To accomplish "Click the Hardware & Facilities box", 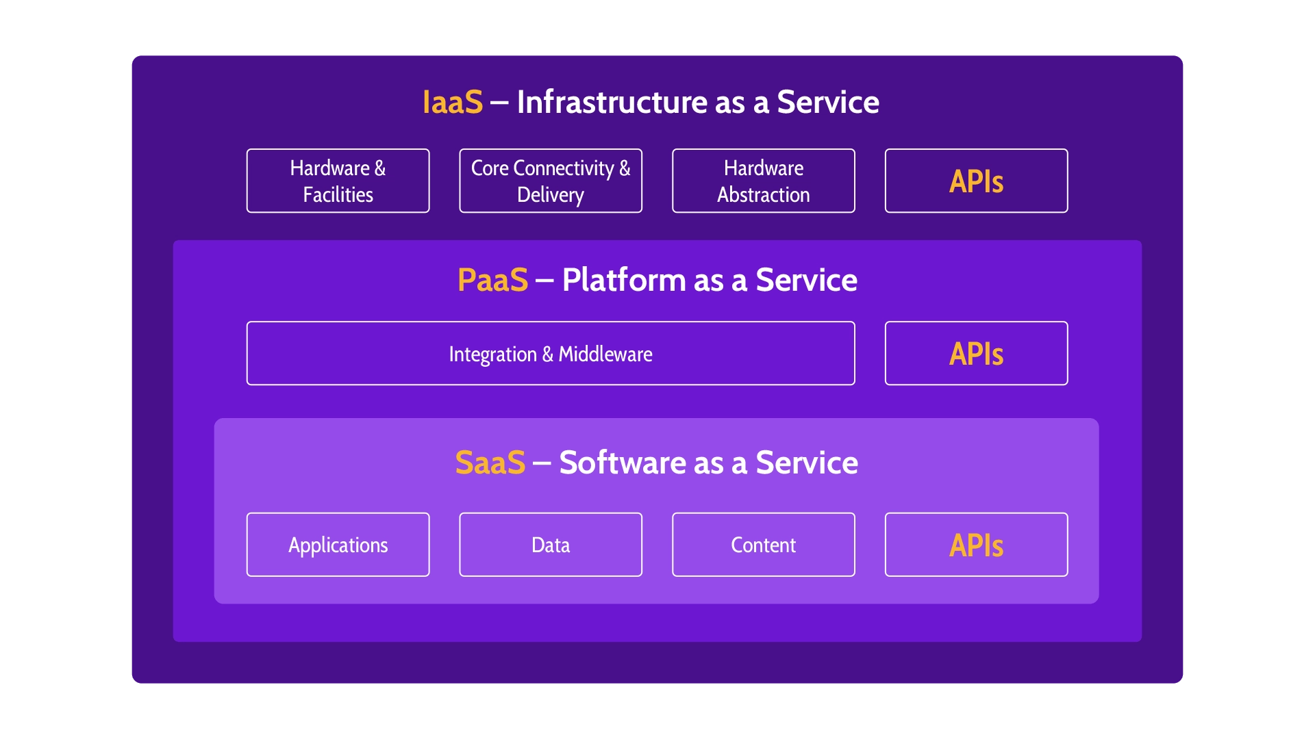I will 338,181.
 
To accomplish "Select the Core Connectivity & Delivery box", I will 551,181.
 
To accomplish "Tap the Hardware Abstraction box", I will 763,181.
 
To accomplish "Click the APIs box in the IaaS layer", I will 976,181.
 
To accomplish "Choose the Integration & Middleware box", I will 551,353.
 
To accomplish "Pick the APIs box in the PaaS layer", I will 976,353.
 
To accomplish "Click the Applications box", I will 338,545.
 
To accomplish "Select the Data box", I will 551,545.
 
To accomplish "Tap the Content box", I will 763,545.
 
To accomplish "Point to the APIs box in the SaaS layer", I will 976,545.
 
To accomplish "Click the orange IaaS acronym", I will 453,103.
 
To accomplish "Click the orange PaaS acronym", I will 492,281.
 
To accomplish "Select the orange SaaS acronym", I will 490,463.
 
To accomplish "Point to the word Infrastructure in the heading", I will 612,103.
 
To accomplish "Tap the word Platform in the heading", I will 623,281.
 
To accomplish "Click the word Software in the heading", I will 622,463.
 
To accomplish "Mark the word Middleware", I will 605,354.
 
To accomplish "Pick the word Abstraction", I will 763,195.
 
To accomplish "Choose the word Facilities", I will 338,195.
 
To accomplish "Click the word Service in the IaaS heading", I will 827,103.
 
